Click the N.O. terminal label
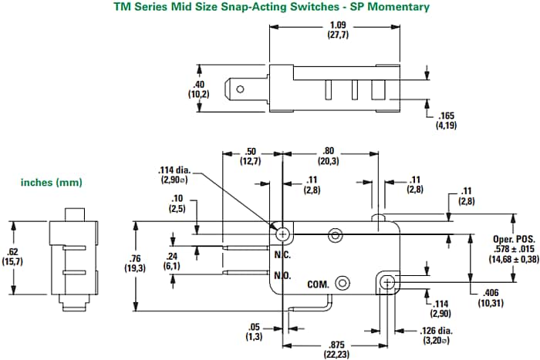283,275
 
